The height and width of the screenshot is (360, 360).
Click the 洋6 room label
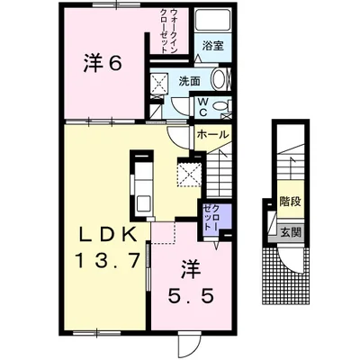(102, 63)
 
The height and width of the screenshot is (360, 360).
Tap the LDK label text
(108, 235)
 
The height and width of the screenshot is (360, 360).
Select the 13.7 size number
(108, 260)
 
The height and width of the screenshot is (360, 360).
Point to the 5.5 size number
(191, 297)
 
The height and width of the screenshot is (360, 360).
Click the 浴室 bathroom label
(212, 46)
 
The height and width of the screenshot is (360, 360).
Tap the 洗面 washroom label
(190, 81)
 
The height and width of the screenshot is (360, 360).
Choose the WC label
(202, 107)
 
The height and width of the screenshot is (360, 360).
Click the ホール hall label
(212, 134)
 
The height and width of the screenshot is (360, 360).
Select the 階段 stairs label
(290, 201)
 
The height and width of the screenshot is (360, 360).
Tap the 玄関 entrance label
(291, 232)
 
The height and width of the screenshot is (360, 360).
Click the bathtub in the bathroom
(212, 20)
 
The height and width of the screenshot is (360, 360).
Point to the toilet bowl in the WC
(220, 105)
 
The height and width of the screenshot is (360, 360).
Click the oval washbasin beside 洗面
(220, 79)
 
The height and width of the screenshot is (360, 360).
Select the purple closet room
(217, 216)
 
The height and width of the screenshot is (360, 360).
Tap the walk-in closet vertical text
(169, 31)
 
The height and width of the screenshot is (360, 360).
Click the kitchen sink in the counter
(144, 204)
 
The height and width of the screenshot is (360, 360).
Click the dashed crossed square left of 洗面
(158, 82)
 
